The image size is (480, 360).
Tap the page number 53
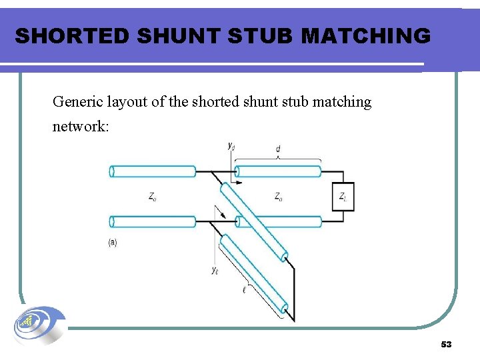446,345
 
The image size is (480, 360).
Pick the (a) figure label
113,243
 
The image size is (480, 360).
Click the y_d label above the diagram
231,145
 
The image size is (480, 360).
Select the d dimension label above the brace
278,149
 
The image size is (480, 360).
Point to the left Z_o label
153,197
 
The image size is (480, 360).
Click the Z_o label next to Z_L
278,197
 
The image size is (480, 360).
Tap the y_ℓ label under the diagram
215,270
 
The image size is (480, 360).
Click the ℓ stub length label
245,289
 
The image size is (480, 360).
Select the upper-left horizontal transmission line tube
153,171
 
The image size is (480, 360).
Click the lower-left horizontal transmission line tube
153,221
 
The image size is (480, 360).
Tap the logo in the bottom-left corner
39,327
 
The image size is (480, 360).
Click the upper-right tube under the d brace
279,171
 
